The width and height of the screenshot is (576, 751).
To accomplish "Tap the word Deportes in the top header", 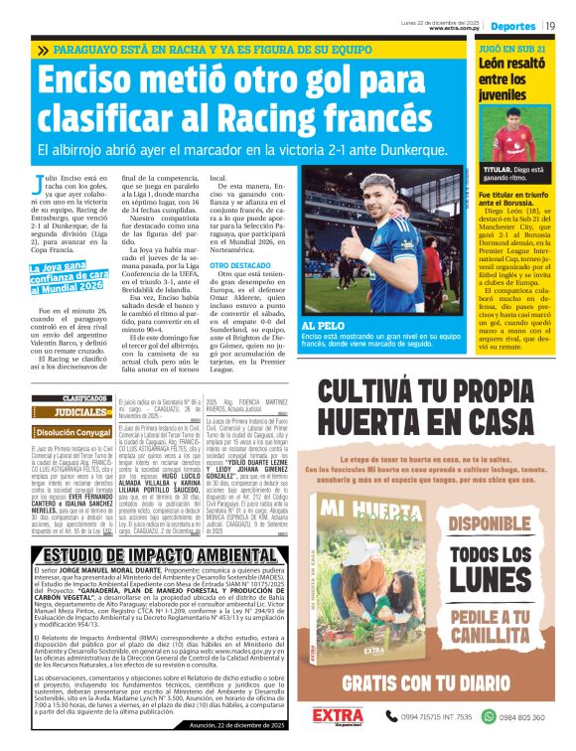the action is click(x=513, y=25).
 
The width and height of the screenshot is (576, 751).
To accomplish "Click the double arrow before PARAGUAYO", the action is click(x=43, y=49).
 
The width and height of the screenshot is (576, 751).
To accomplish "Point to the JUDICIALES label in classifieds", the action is click(x=81, y=412).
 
